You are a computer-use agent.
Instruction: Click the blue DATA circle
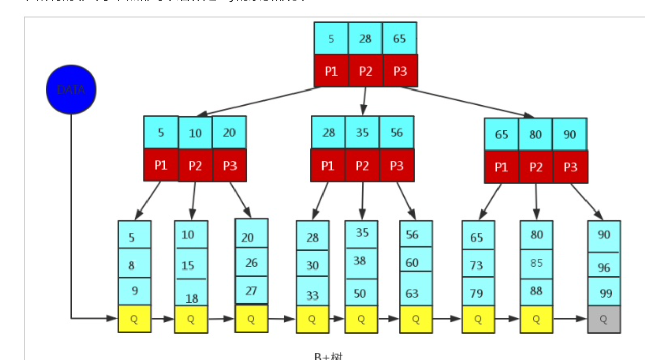tap(71, 89)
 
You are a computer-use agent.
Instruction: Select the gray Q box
tap(603, 319)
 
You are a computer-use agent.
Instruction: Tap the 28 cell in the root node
tap(365, 38)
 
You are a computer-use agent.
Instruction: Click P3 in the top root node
tap(400, 71)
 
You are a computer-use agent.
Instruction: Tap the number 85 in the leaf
tap(536, 263)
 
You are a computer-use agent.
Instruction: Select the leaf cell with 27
tap(251, 290)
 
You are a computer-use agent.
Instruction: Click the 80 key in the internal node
tap(536, 135)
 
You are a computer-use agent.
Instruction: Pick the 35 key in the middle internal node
tap(362, 133)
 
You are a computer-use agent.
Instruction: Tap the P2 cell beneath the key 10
tap(195, 166)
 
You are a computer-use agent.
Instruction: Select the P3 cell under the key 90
tap(570, 167)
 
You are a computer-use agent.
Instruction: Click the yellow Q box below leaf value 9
tap(134, 319)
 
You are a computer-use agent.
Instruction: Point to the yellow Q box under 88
tap(536, 319)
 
